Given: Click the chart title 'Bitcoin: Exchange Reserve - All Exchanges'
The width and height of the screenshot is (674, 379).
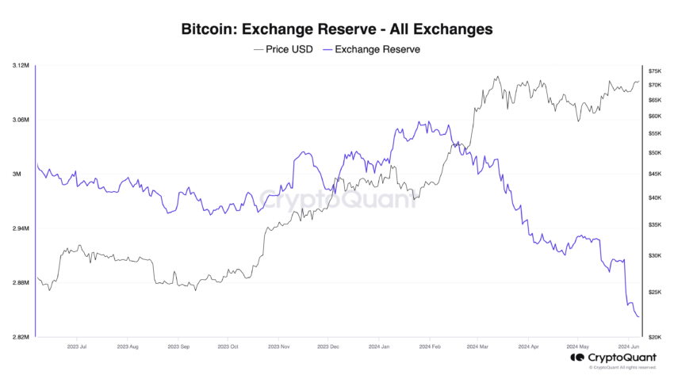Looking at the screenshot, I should click(337, 29).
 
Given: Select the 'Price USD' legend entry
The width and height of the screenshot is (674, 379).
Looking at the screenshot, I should click(283, 49).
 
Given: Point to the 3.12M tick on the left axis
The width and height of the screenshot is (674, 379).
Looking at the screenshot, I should click(21, 65).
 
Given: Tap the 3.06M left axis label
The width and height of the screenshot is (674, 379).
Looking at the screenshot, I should click(21, 120).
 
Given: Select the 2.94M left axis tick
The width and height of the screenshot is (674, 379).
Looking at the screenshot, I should click(21, 228).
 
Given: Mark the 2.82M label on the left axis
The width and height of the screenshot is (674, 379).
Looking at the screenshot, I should click(21, 337).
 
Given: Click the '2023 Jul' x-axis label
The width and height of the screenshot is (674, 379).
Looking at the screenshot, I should click(78, 346).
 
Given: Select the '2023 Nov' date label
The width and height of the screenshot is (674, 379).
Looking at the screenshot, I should click(278, 346).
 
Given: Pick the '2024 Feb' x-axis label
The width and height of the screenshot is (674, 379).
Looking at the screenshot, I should click(430, 346).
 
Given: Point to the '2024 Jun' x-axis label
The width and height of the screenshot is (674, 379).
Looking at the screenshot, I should click(630, 346).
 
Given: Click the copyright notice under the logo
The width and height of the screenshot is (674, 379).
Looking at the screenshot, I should click(623, 368).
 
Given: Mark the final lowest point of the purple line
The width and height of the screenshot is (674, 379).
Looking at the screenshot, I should click(638, 317).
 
